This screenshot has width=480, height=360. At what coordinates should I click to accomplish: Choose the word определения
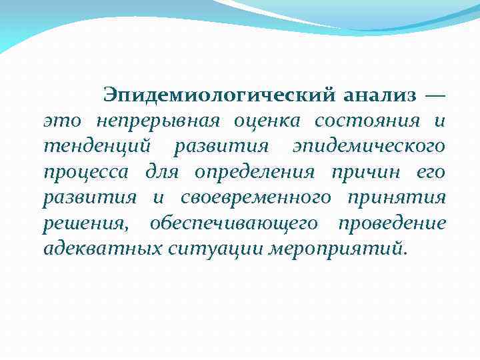(x=254, y=173)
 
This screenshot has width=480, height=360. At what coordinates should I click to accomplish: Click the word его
(x=431, y=173)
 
